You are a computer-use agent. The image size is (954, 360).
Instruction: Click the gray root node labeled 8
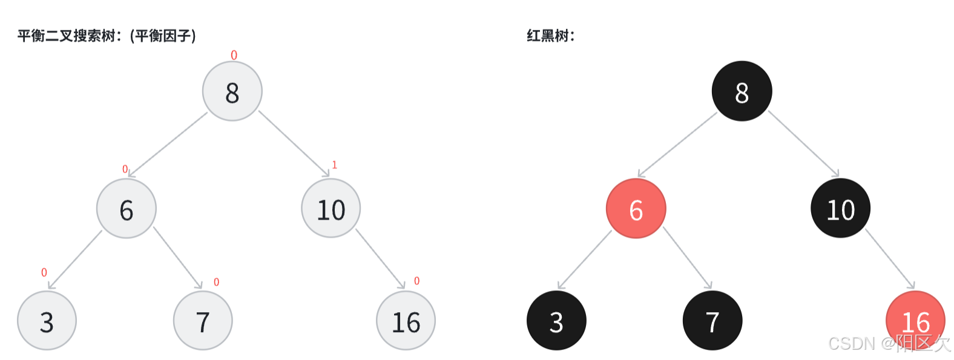232,91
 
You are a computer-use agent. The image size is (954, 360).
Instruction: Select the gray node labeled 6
127,209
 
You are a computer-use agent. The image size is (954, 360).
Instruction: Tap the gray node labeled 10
331,209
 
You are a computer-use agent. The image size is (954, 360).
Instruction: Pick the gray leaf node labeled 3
47,321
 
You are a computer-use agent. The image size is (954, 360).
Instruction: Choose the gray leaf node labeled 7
203,321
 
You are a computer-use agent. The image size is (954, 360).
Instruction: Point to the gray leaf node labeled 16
406,321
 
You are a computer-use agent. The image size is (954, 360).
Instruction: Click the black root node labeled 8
742,91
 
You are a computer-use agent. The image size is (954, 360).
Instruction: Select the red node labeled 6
636,209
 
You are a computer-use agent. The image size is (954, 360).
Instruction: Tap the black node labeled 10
840,209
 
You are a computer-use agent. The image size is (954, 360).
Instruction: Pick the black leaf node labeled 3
556,321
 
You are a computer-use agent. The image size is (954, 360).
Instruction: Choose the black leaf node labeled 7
712,321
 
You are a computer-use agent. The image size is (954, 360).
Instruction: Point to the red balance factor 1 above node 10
334,165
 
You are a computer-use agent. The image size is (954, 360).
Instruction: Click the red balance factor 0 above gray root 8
234,56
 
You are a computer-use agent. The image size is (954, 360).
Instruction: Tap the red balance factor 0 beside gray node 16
416,281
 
